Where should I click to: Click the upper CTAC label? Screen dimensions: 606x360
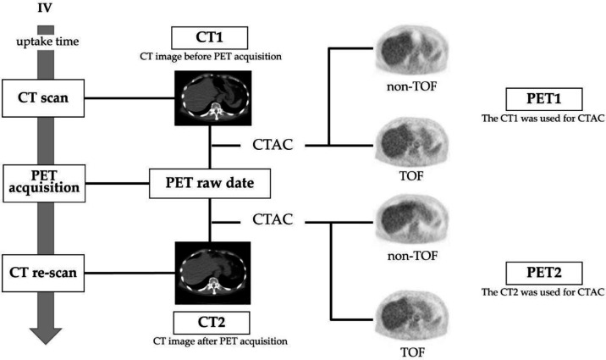tap(272, 146)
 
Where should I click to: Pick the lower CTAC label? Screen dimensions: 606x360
tap(272, 220)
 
